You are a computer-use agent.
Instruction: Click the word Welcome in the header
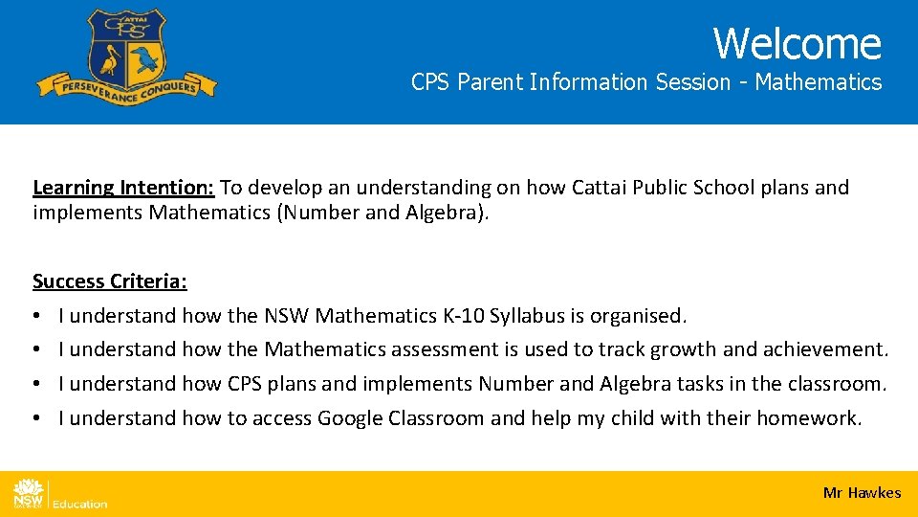point(797,43)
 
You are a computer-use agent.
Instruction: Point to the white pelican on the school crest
point(108,59)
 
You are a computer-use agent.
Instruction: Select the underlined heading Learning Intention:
point(125,188)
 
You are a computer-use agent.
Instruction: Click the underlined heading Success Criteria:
point(110,281)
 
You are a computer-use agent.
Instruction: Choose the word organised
point(638,316)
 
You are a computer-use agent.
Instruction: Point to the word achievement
point(830,349)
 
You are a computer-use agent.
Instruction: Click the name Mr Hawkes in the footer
point(862,493)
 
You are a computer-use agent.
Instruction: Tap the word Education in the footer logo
point(79,504)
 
